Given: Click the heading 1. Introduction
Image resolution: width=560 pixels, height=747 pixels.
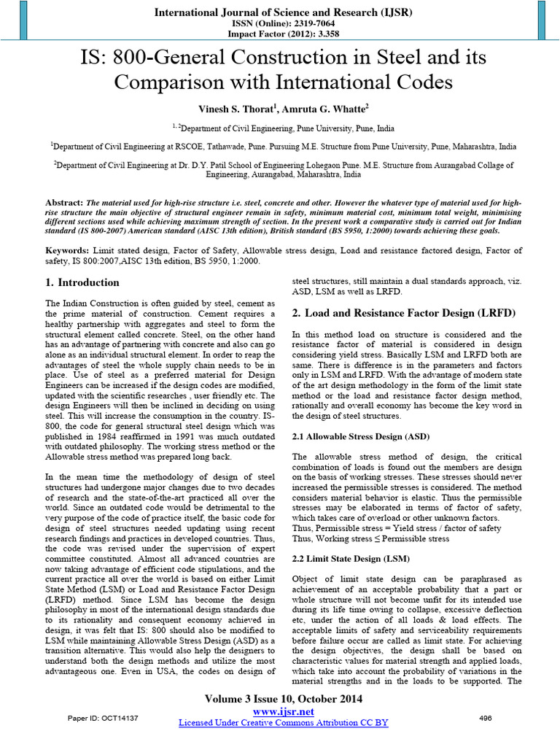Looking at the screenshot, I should (82, 282).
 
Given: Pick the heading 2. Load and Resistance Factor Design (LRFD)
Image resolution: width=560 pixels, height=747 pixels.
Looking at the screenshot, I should (403, 312).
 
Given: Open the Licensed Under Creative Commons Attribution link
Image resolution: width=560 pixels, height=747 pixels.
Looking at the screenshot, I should (284, 722).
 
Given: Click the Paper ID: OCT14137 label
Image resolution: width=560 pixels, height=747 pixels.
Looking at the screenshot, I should (102, 719).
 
